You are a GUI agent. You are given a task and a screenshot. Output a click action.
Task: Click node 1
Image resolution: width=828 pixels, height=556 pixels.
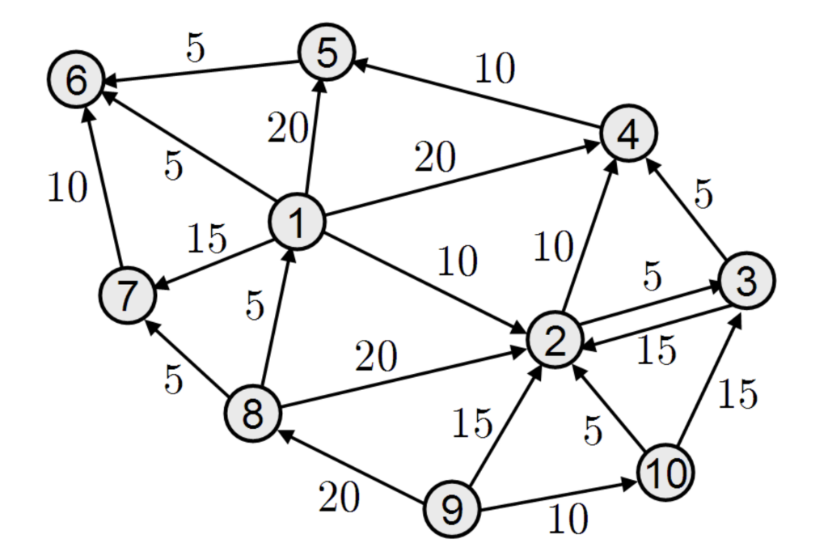click(x=297, y=222)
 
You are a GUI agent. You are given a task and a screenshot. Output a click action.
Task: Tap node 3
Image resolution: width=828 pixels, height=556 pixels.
click(x=746, y=280)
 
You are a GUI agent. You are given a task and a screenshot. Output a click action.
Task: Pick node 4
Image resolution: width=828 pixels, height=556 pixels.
click(x=628, y=132)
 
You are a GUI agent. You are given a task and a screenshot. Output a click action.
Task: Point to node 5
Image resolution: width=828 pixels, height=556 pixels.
click(x=326, y=53)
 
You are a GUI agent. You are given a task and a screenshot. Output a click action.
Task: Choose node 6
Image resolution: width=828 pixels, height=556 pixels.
click(x=75, y=82)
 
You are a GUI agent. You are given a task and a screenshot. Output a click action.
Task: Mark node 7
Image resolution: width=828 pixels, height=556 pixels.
click(x=128, y=296)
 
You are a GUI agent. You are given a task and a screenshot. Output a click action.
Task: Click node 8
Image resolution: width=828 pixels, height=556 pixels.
click(x=253, y=414)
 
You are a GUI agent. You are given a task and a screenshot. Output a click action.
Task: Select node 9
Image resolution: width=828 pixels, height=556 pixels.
click(x=453, y=508)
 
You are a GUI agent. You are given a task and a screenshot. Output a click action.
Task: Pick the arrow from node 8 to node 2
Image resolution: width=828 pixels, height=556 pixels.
click(x=404, y=378)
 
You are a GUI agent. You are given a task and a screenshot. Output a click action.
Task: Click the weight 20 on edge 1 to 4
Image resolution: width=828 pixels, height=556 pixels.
click(x=434, y=158)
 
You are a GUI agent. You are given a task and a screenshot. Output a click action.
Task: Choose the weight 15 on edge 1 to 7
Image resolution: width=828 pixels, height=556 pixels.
click(x=208, y=240)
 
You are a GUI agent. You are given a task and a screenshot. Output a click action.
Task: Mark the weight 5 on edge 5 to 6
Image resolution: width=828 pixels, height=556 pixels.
click(x=195, y=49)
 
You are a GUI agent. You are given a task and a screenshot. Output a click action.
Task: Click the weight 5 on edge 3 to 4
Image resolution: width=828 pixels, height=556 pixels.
click(x=703, y=194)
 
